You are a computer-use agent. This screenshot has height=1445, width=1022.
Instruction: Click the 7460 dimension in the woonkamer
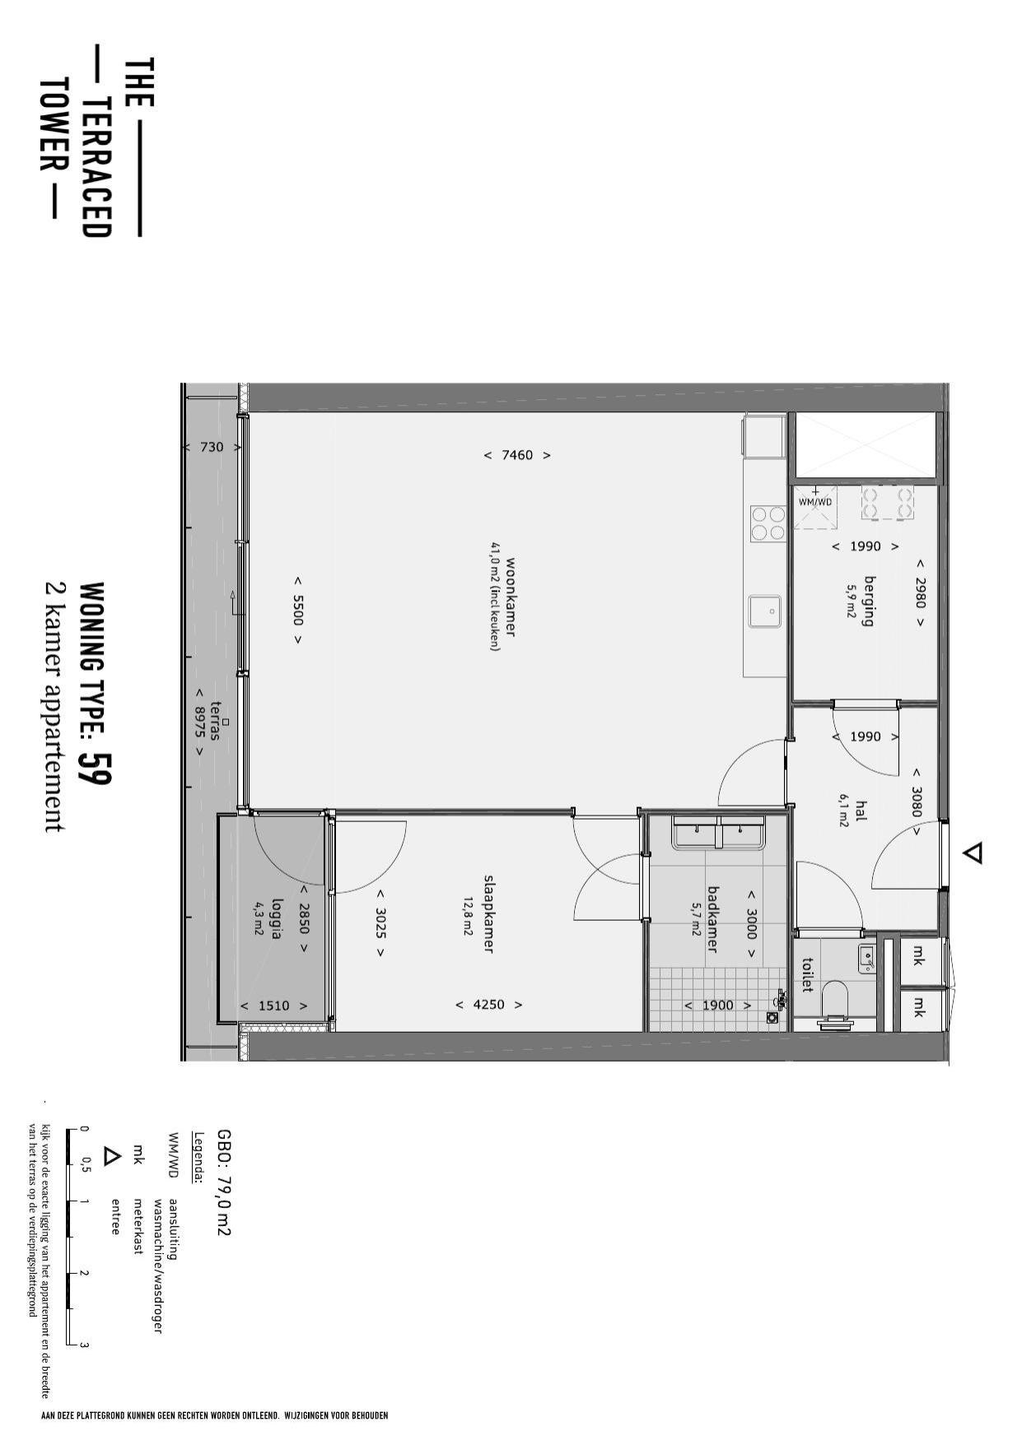tap(517, 455)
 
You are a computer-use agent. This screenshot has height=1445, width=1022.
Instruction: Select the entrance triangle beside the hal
tap(973, 853)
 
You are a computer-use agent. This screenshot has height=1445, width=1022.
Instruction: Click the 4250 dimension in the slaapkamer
tap(489, 1005)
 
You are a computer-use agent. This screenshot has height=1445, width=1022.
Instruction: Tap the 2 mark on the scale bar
tap(84, 1273)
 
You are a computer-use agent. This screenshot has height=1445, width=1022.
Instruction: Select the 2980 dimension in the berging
tap(920, 592)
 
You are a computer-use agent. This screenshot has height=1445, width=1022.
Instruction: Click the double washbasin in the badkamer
tap(719, 833)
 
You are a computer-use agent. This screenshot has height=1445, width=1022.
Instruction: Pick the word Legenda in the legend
tap(198, 1158)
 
